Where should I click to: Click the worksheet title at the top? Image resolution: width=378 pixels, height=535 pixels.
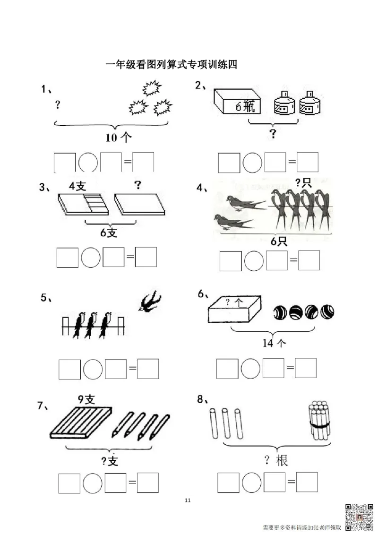(x=171, y=64)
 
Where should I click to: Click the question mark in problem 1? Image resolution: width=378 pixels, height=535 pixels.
(x=58, y=104)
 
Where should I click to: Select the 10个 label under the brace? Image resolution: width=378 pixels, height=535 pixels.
(x=118, y=138)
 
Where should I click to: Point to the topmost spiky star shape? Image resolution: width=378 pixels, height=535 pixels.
(x=152, y=88)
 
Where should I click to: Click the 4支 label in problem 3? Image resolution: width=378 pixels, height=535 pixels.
(x=77, y=186)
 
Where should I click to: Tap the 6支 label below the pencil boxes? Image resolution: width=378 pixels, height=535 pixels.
(x=109, y=233)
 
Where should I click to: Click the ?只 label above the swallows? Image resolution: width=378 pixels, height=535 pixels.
(x=303, y=182)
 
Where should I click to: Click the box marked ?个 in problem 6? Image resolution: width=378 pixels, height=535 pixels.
(x=234, y=309)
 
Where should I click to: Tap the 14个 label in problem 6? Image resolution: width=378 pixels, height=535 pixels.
(x=274, y=343)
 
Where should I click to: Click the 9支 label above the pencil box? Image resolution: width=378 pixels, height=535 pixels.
(x=86, y=399)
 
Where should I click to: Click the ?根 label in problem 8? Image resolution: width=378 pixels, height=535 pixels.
(x=276, y=460)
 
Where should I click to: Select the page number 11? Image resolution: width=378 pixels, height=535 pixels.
(x=187, y=500)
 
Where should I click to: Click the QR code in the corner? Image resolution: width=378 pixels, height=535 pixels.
(x=359, y=518)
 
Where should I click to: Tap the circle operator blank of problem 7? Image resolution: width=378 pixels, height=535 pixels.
(x=93, y=483)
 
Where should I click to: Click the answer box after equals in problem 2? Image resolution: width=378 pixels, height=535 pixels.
(x=308, y=163)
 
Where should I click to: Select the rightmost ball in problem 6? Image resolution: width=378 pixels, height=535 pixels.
(x=327, y=311)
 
